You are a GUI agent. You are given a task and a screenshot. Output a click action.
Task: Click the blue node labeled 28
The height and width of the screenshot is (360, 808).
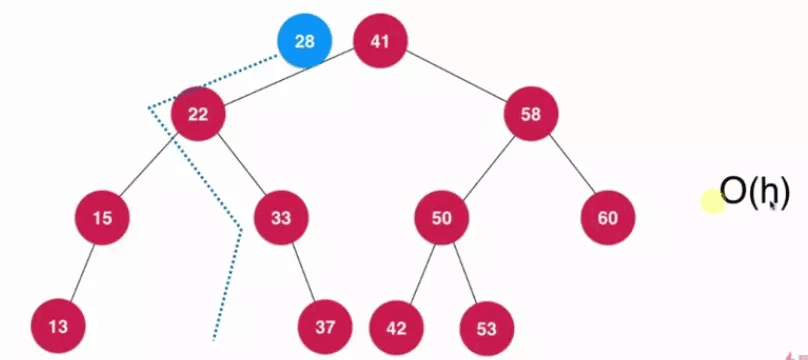[x=304, y=41]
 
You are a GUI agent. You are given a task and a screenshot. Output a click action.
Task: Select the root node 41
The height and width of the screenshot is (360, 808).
[x=380, y=41]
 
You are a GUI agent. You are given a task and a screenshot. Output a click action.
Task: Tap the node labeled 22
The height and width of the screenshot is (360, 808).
[x=198, y=113]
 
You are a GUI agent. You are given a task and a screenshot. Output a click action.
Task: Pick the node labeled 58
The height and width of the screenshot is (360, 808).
[x=531, y=113]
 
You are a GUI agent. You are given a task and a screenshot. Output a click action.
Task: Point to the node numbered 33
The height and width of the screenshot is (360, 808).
[x=281, y=216]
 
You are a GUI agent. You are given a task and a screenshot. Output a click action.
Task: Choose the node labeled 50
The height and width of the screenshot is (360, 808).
[x=442, y=216]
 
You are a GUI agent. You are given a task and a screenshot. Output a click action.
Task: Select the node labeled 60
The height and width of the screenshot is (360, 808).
[x=608, y=216]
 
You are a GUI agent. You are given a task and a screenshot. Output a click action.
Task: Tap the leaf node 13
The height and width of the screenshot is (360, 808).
[x=57, y=326]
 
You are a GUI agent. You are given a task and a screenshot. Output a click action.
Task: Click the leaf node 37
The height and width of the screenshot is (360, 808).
[x=324, y=326]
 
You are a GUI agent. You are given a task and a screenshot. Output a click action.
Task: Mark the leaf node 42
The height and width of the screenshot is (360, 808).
[x=397, y=326]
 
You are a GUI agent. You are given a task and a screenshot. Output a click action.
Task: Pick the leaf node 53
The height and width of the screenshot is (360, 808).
[x=486, y=326]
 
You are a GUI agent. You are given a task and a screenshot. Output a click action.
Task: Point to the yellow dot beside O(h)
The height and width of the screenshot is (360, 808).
[x=711, y=202]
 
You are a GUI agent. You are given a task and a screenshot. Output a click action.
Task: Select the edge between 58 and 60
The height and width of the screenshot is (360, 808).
[x=570, y=165]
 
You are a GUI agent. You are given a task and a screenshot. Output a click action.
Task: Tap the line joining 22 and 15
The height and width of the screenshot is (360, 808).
[x=151, y=165]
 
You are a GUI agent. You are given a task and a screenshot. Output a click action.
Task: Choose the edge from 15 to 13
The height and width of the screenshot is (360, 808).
[x=80, y=271]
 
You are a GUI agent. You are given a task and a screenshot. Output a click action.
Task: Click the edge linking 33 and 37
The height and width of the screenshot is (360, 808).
[x=302, y=271]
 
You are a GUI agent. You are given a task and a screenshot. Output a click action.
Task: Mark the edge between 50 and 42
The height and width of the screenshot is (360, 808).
[x=420, y=271]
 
